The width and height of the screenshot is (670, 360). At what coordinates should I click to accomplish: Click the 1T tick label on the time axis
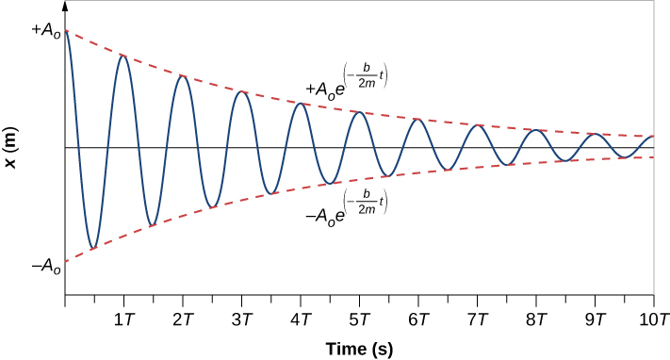(x=123, y=319)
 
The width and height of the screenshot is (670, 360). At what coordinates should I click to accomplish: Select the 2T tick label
(x=183, y=319)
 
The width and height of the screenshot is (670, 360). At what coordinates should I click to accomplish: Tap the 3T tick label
(x=241, y=319)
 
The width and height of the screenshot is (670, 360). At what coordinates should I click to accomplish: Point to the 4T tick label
(x=301, y=319)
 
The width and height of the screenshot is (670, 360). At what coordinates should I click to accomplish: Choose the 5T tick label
(x=359, y=319)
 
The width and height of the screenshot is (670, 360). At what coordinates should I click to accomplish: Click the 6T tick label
(x=418, y=319)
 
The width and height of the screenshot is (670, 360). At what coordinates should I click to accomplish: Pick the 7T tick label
(x=477, y=319)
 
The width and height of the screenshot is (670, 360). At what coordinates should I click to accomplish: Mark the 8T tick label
(x=536, y=319)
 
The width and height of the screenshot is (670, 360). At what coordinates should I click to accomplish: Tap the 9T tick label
(x=595, y=319)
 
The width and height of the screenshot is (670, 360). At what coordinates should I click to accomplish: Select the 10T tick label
(x=653, y=319)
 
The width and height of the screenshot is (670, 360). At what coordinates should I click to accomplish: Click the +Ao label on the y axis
(x=45, y=31)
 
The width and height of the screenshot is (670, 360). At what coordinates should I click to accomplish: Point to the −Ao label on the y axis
(x=45, y=268)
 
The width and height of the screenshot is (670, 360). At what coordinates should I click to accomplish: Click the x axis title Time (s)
(x=359, y=348)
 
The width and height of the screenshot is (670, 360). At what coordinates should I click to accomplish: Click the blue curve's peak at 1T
(x=123, y=57)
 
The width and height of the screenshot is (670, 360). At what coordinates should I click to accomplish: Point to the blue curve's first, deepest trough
(x=92, y=249)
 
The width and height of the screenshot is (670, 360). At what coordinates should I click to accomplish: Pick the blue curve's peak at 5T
(x=358, y=113)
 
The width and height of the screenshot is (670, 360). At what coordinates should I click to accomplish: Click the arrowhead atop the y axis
(x=64, y=6)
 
